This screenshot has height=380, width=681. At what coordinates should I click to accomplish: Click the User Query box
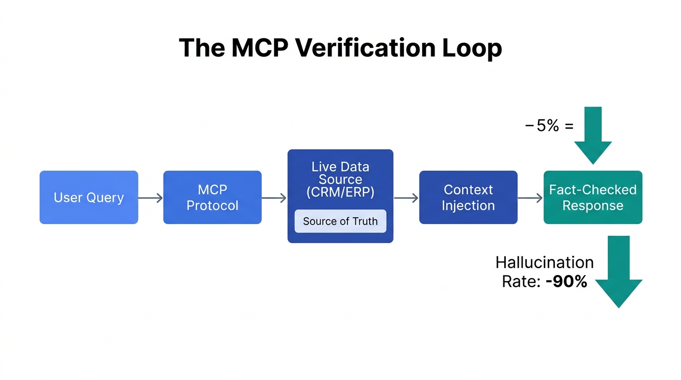point(89,197)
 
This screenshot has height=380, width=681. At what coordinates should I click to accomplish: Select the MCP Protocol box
point(212,197)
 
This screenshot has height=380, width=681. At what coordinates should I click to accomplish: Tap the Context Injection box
point(468,197)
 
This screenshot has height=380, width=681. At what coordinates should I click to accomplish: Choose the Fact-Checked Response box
point(593,197)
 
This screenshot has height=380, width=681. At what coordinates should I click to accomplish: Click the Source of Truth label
point(340,221)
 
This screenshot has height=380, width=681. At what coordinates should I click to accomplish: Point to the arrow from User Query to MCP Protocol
point(150,198)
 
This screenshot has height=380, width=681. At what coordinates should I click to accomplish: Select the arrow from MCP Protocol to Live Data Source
point(274,198)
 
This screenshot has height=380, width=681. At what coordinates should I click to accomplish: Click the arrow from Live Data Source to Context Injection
point(406,198)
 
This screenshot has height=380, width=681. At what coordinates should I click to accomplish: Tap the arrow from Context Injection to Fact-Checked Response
point(530,198)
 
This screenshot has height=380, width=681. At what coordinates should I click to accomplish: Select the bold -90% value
point(566,282)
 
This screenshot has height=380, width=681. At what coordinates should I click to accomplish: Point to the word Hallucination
point(544,262)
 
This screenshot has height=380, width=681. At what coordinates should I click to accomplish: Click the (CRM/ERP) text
point(340,192)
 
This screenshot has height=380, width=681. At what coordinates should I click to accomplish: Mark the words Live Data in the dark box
point(340,166)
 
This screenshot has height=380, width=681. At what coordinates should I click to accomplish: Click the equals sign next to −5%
point(569,126)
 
